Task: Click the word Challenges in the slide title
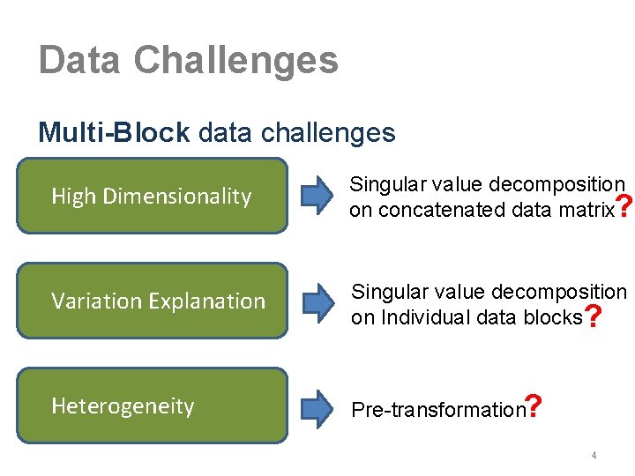236,61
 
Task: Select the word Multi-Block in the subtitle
114,133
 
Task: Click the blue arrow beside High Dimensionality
315,196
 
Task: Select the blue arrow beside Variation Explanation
315,301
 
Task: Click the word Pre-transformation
438,410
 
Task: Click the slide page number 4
594,456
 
